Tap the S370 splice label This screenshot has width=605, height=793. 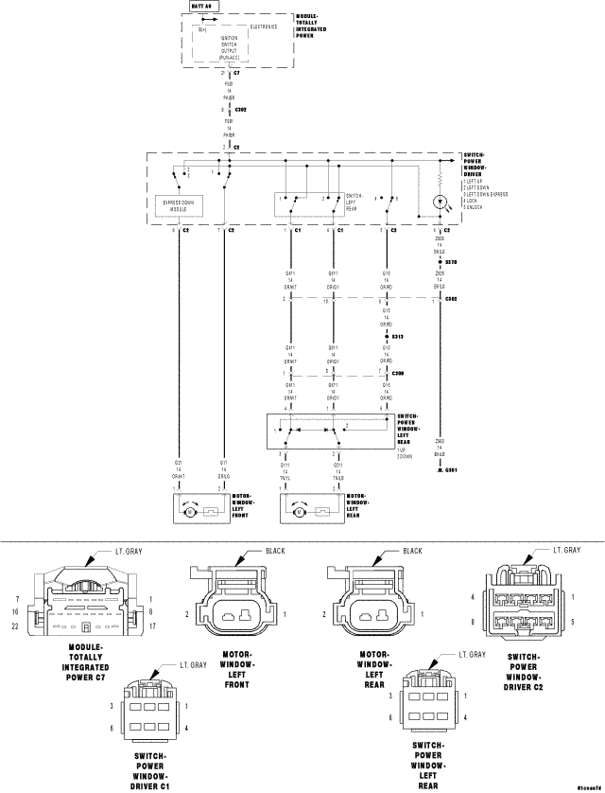click(451, 260)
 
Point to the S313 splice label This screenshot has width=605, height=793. click(398, 336)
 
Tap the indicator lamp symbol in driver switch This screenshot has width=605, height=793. click(440, 203)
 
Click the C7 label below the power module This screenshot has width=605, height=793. click(236, 72)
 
